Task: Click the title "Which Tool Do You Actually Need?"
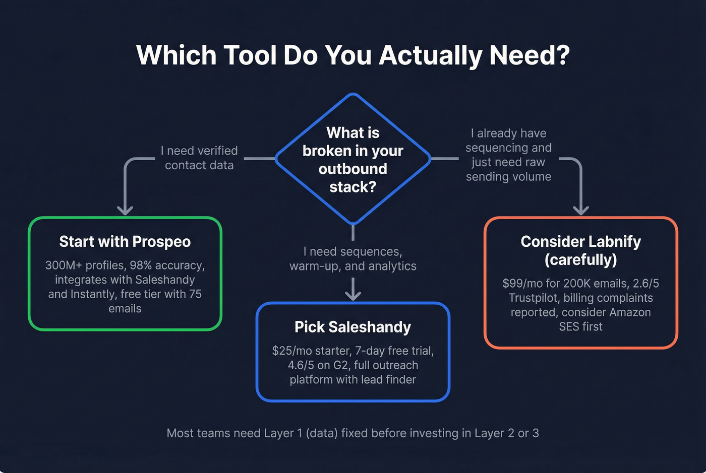pyautogui.click(x=353, y=55)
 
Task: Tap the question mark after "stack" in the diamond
pyautogui.click(x=373, y=187)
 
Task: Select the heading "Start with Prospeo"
pyautogui.click(x=125, y=242)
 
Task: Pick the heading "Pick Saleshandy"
pyautogui.click(x=352, y=327)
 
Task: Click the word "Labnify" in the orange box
pyautogui.click(x=615, y=242)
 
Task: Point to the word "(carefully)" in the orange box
pyautogui.click(x=580, y=259)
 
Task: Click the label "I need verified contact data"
pyautogui.click(x=199, y=158)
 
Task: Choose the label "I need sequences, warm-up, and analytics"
pyautogui.click(x=352, y=259)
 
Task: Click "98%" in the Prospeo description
pyautogui.click(x=141, y=265)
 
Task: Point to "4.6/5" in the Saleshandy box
pyautogui.click(x=301, y=365)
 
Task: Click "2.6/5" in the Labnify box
pyautogui.click(x=646, y=283)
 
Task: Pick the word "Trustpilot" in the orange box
pyautogui.click(x=534, y=298)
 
